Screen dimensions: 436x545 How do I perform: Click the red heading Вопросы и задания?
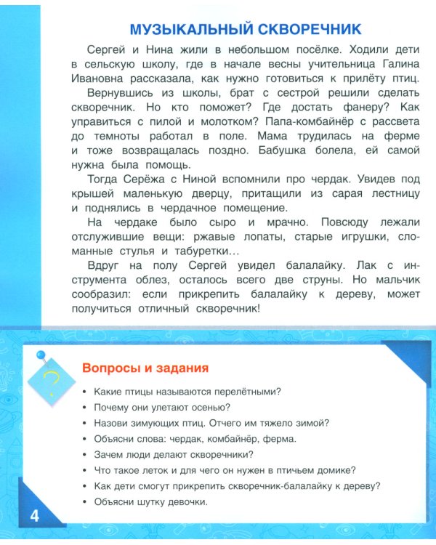coord(146,367)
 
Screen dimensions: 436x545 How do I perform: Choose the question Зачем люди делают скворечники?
coord(174,454)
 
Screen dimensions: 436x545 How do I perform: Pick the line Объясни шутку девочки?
coord(151,502)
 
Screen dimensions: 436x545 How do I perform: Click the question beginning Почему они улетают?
coord(162,407)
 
